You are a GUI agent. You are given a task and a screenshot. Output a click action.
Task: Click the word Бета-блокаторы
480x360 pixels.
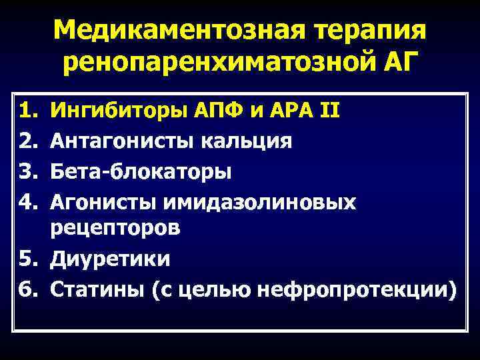141,171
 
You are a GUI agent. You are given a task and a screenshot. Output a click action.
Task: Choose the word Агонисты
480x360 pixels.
99,202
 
